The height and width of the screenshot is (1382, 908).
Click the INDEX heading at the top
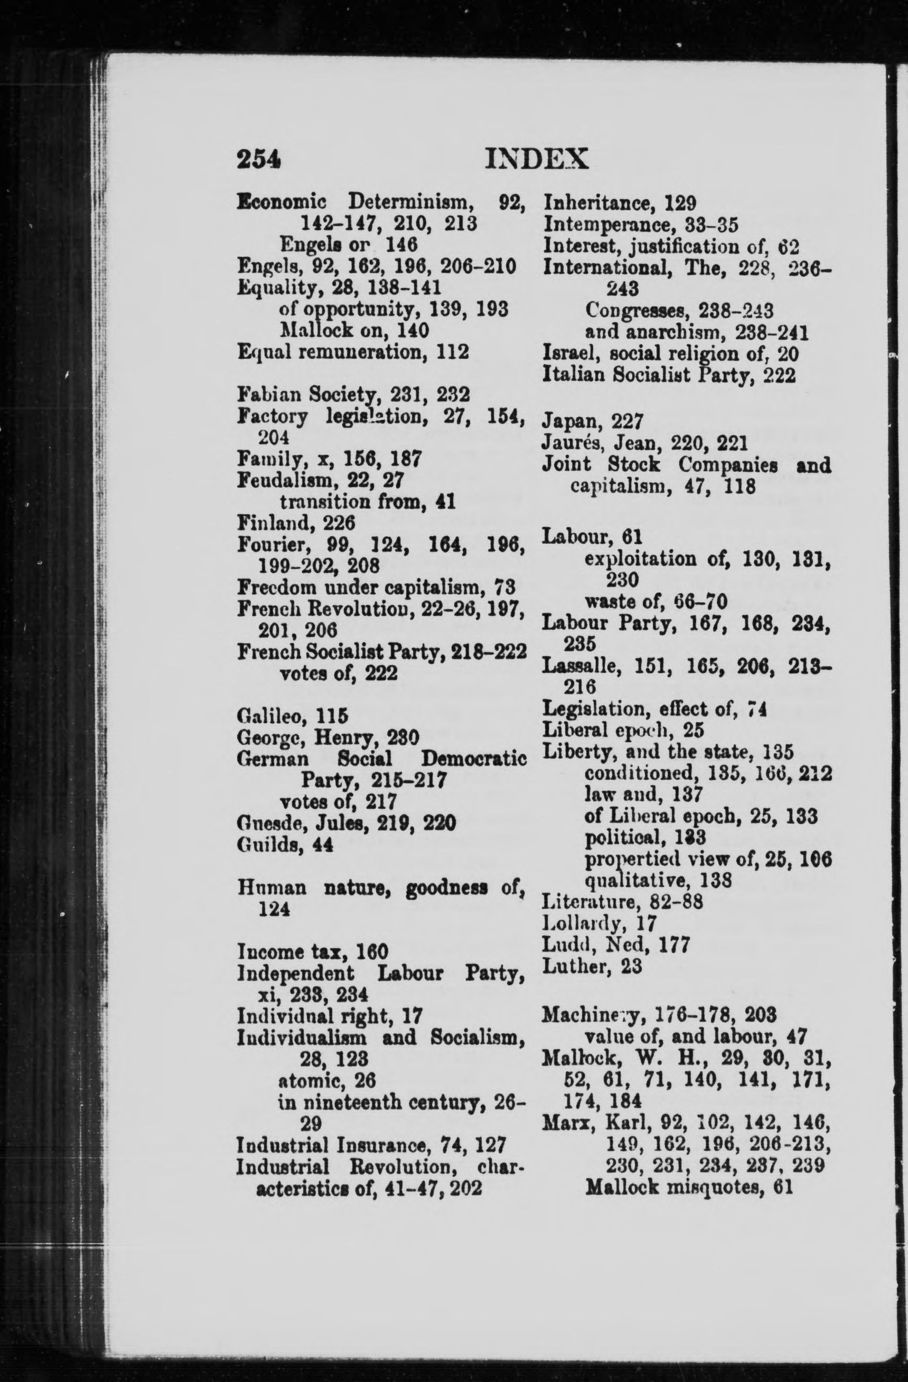click(536, 158)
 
